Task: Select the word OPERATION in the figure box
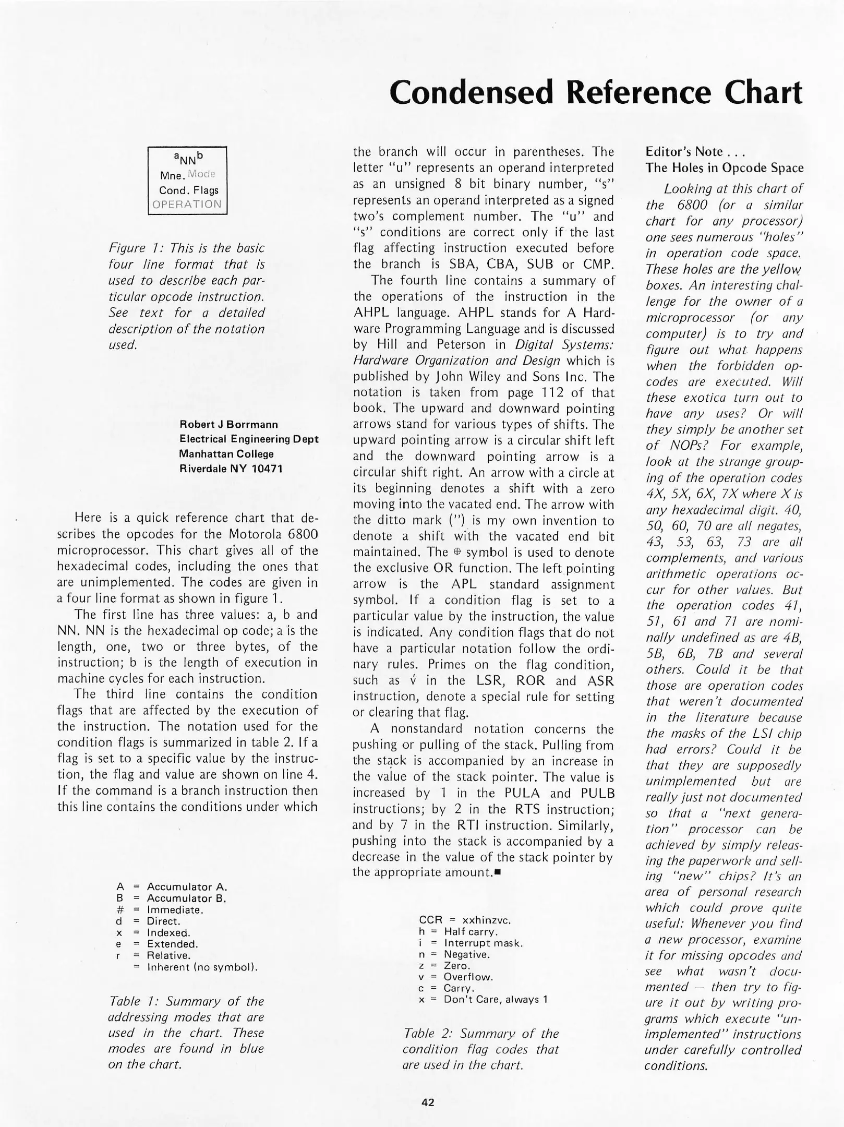[x=187, y=204]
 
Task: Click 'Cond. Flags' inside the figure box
[x=188, y=190]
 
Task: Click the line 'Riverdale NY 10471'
[x=231, y=469]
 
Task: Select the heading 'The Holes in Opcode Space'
[x=724, y=168]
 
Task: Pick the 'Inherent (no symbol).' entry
[x=202, y=967]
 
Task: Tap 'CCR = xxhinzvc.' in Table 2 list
[x=465, y=920]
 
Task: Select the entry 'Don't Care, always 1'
[x=495, y=1000]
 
